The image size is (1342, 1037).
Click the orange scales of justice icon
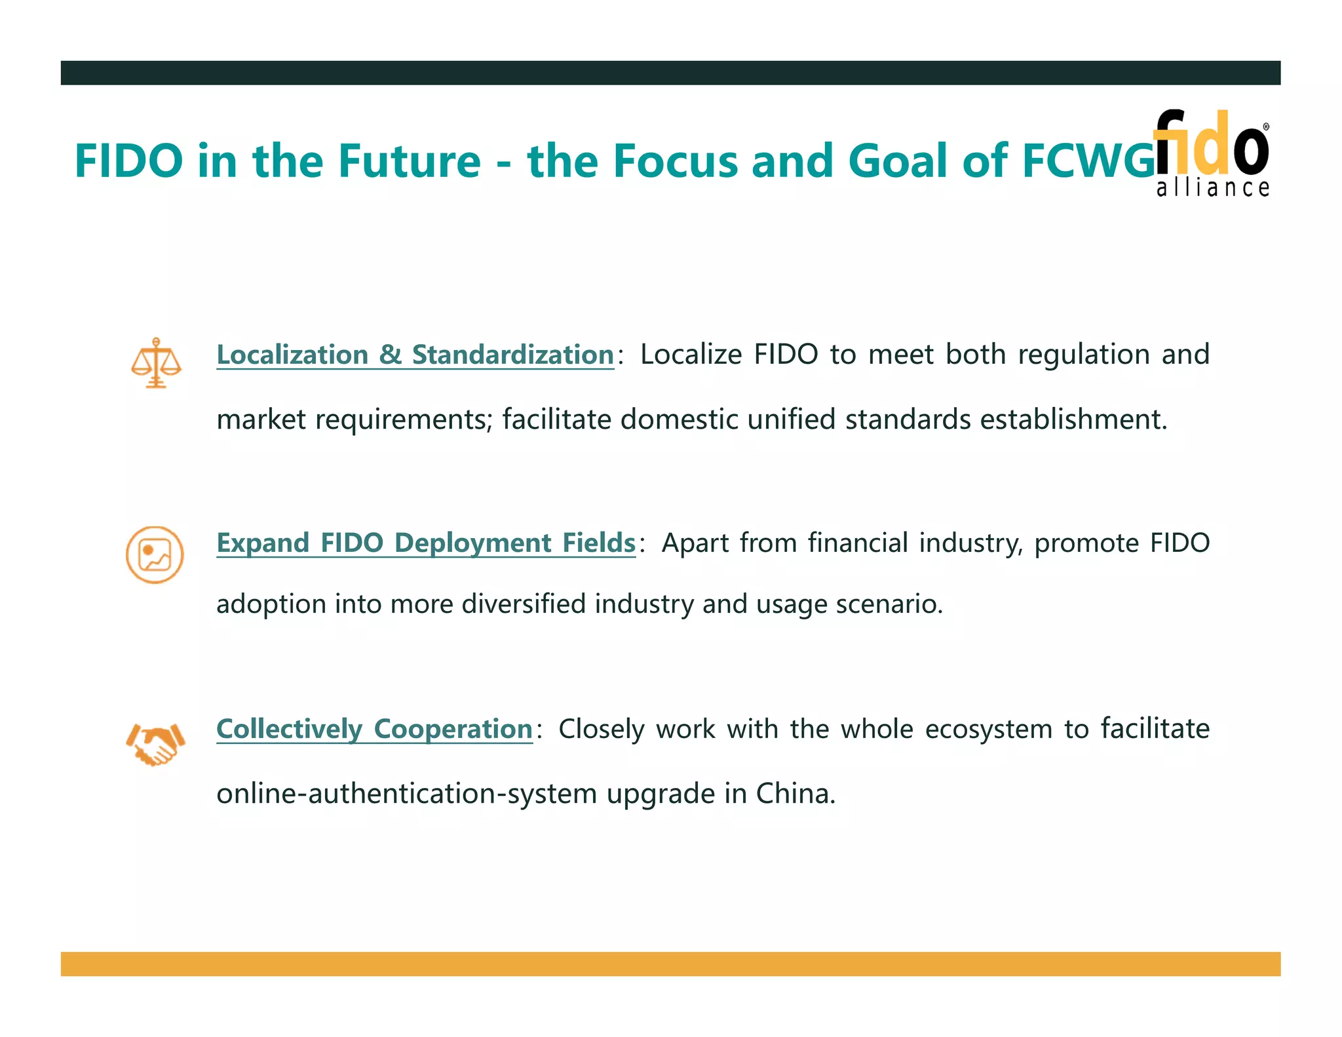(156, 362)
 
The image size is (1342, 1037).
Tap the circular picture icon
(155, 555)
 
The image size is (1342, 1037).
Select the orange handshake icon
(155, 744)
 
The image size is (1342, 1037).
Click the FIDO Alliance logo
(1212, 153)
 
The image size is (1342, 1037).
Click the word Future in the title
(409, 161)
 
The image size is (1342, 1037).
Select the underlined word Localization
(292, 355)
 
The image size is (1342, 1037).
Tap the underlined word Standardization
(512, 355)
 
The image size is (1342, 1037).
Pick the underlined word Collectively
(289, 730)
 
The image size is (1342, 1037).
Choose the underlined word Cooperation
(453, 730)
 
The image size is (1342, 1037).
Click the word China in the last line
(795, 794)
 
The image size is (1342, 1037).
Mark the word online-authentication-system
(406, 794)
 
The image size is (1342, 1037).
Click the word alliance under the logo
(1213, 188)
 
